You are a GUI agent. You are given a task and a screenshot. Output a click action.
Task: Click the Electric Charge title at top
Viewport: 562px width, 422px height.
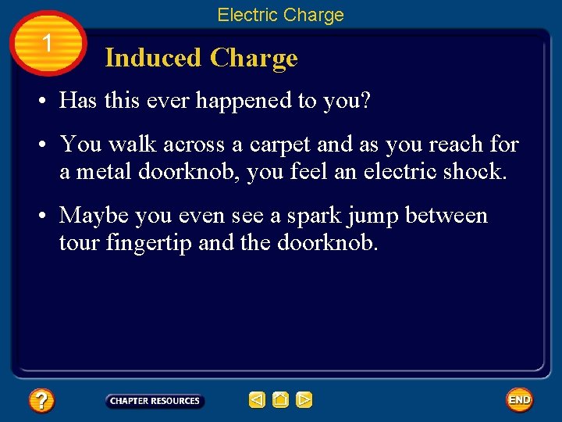[x=280, y=15]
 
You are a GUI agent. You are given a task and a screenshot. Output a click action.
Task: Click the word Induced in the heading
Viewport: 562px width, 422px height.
[x=153, y=58]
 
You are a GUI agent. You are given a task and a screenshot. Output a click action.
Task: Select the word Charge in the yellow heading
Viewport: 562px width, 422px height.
[x=254, y=58]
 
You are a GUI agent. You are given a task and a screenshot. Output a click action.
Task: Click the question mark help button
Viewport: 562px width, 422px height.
[x=41, y=401]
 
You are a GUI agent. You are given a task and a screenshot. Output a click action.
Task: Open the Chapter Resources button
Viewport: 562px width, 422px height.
[x=155, y=401]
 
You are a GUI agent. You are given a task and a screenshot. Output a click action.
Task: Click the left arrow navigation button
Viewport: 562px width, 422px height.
[x=257, y=401]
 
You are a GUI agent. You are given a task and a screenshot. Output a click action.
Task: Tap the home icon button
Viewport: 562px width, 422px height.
[x=280, y=401]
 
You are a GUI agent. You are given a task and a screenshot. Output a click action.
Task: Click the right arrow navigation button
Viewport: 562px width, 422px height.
[x=304, y=401]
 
